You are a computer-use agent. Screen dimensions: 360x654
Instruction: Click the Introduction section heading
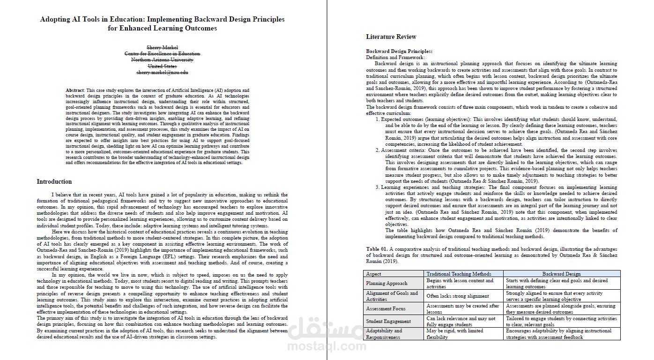point(54,181)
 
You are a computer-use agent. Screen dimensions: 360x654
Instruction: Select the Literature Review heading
point(391,37)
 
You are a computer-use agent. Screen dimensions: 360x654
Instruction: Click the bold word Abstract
point(75,90)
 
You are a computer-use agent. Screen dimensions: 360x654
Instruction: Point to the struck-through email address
point(162,73)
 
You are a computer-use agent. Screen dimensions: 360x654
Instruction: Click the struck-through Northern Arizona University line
point(162,60)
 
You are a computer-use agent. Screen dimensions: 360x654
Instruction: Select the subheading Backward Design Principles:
point(399,51)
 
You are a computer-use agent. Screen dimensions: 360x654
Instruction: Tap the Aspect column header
point(374,274)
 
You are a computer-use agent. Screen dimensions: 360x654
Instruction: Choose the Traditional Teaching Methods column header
point(459,274)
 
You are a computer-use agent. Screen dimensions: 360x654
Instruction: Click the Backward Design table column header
point(561,274)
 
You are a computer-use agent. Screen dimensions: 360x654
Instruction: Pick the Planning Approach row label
point(386,283)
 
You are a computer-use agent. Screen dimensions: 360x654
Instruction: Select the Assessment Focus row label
point(386,308)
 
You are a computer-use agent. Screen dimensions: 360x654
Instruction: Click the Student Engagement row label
point(388,321)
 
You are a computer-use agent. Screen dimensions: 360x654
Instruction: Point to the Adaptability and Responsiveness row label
point(384,334)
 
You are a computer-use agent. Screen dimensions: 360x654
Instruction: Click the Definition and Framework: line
point(395,57)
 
